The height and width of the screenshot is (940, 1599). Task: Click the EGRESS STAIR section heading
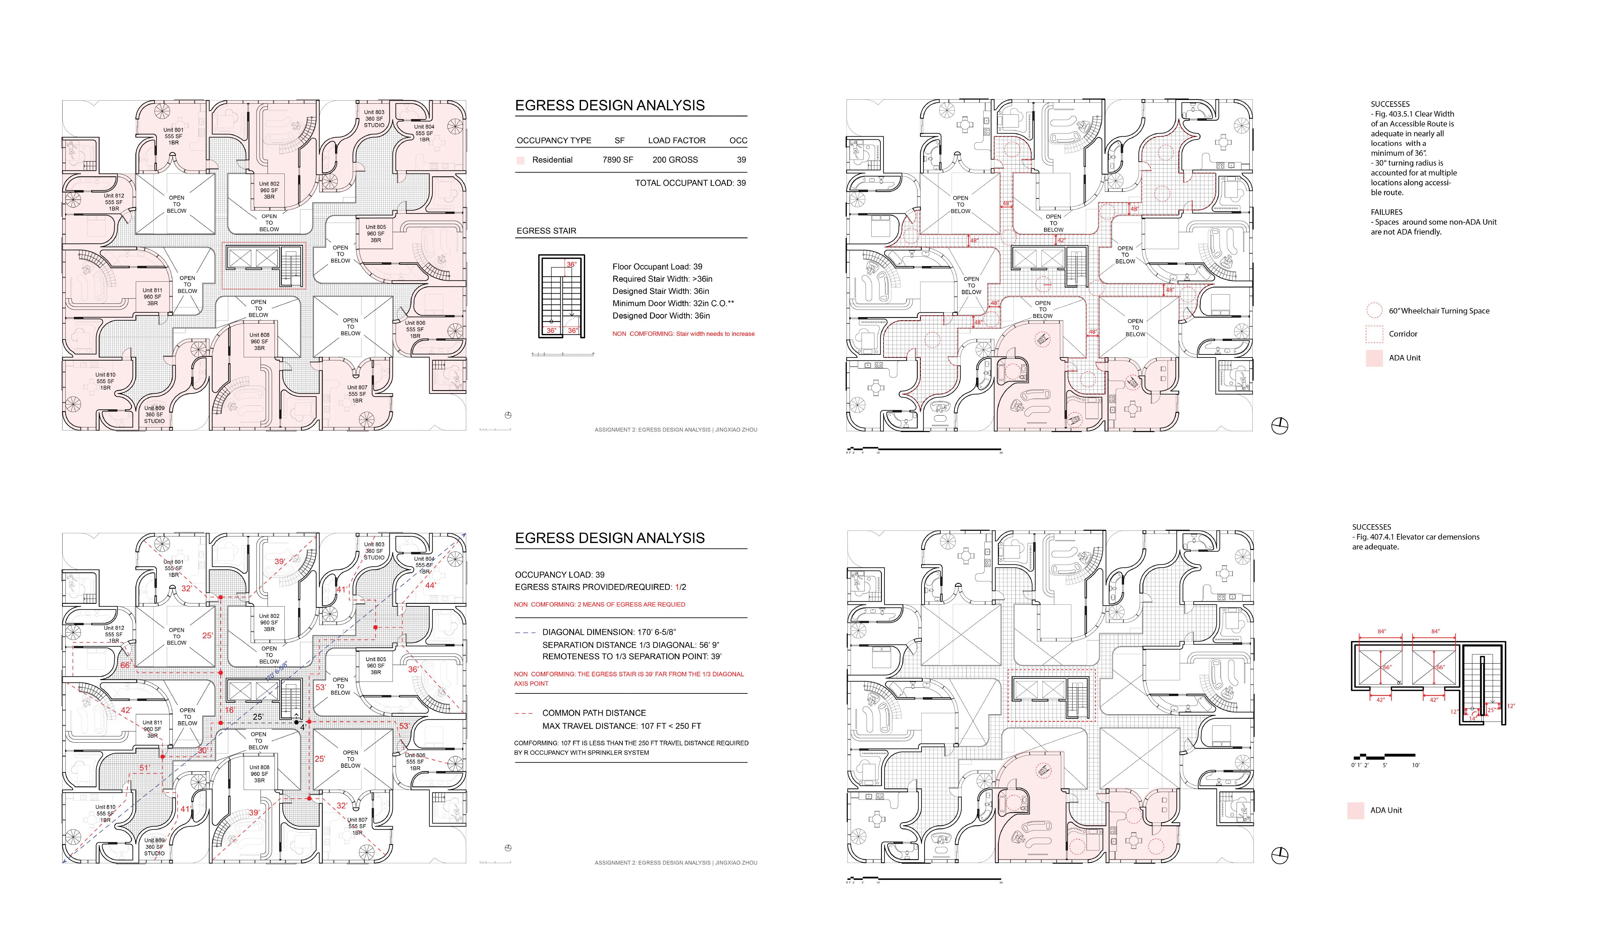click(x=546, y=231)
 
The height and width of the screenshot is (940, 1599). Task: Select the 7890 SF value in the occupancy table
click(x=617, y=160)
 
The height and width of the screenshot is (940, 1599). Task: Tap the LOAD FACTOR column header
click(x=676, y=140)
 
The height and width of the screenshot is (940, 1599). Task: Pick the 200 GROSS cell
click(x=675, y=160)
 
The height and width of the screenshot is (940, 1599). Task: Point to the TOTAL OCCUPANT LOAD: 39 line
click(x=690, y=183)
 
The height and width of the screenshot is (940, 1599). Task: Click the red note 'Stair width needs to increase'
click(x=683, y=334)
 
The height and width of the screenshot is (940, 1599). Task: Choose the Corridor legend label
click(x=1403, y=334)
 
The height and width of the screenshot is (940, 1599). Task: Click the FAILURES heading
click(x=1386, y=212)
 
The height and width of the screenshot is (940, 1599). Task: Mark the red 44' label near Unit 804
click(x=430, y=585)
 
